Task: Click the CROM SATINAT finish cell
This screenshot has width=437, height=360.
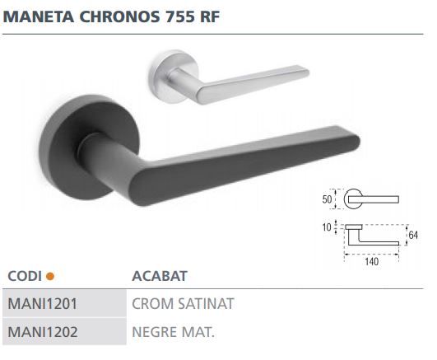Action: click(184, 303)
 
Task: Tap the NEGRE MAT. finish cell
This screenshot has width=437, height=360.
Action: click(173, 333)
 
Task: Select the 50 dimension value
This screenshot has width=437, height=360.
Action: click(327, 199)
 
